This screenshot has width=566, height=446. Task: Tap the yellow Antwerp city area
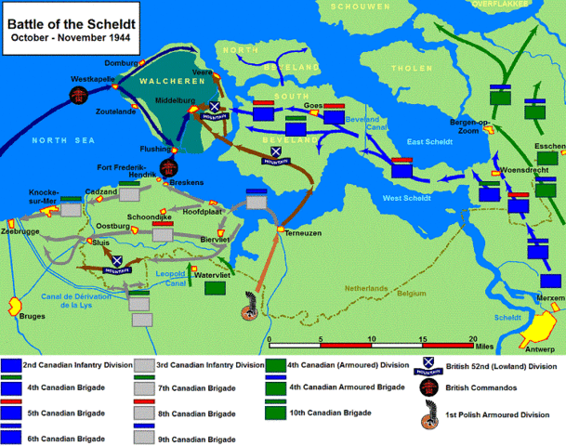[x=539, y=329]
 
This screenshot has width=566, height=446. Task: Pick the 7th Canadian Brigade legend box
[x=146, y=387]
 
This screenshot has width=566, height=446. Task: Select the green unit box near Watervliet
[x=216, y=288]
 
